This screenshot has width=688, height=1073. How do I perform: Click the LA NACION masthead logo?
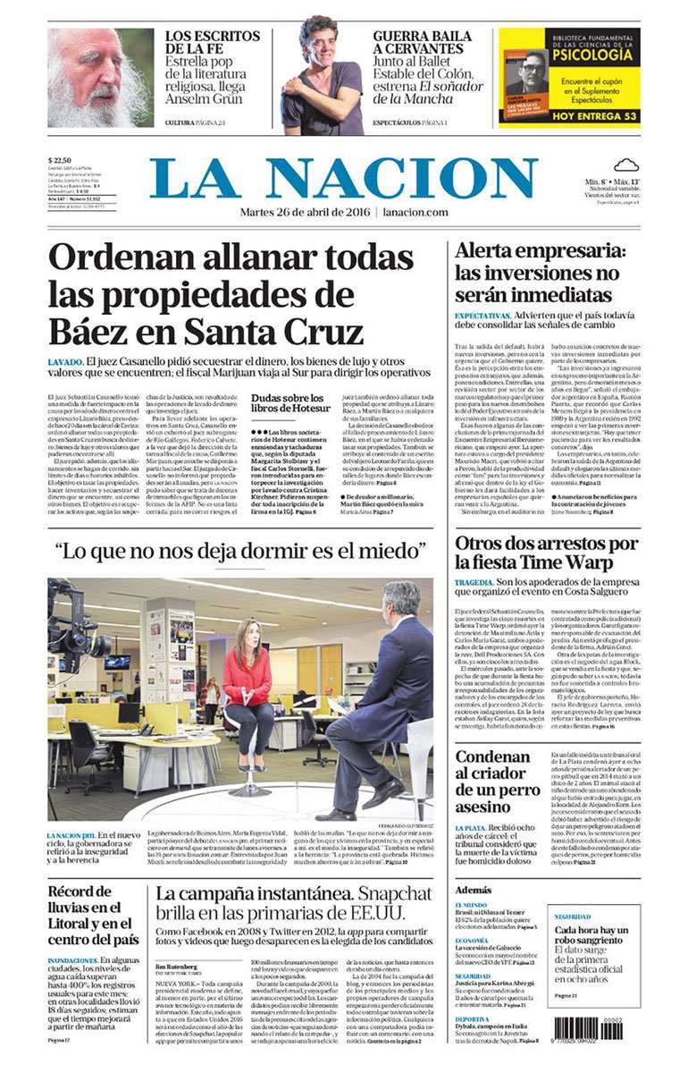click(344, 179)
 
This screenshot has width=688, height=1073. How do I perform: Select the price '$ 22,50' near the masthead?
click(62, 162)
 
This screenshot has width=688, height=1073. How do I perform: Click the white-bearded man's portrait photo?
click(100, 78)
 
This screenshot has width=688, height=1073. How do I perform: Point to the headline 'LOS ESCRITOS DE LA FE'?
click(213, 43)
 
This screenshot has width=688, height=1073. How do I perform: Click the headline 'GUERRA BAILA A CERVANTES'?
click(416, 43)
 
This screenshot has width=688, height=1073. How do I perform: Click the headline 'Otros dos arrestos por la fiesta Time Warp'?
click(546, 553)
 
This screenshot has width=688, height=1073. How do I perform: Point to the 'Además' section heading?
click(474, 890)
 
